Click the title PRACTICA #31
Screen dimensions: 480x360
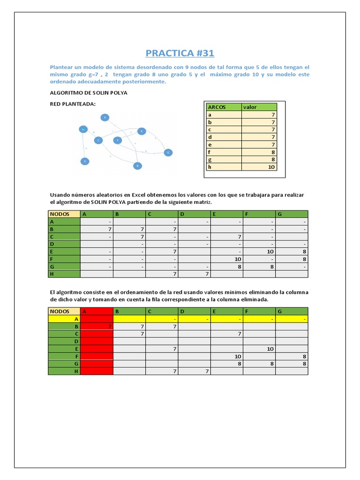pos(180,52)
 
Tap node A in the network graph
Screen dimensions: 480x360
pos(105,117)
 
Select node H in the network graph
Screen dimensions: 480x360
pos(83,129)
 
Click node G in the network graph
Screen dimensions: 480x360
pos(167,152)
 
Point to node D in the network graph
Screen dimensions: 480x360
pos(85,161)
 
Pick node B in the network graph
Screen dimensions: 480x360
pos(137,165)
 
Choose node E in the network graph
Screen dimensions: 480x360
pos(142,131)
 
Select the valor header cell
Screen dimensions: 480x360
pos(259,107)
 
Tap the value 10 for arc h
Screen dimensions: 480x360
pos(271,167)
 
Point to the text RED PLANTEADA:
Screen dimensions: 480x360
pos(73,104)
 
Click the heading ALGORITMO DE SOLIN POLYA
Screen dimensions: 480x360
pos(88,93)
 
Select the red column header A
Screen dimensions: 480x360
pos(97,311)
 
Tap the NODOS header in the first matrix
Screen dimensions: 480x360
pos(64,214)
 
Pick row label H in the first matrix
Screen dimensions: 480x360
pos(64,274)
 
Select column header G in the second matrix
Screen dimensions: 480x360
pos(292,311)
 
